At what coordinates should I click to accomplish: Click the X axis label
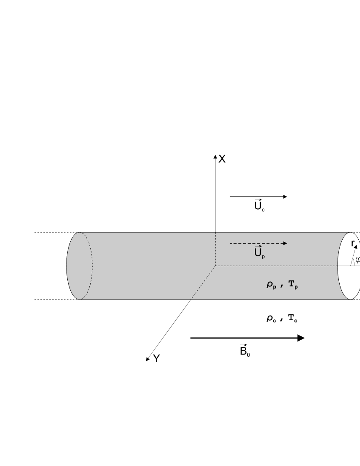coord(222,159)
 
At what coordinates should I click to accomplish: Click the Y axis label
coord(156,359)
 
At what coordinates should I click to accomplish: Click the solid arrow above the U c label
coord(258,197)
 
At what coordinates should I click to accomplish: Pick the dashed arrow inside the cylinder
coord(258,243)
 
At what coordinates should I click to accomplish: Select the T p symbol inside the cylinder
coord(293,285)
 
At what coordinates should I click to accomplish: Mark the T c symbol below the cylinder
coord(293,319)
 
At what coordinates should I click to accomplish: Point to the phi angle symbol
coord(357,259)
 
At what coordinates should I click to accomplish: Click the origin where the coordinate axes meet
coord(215,266)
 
